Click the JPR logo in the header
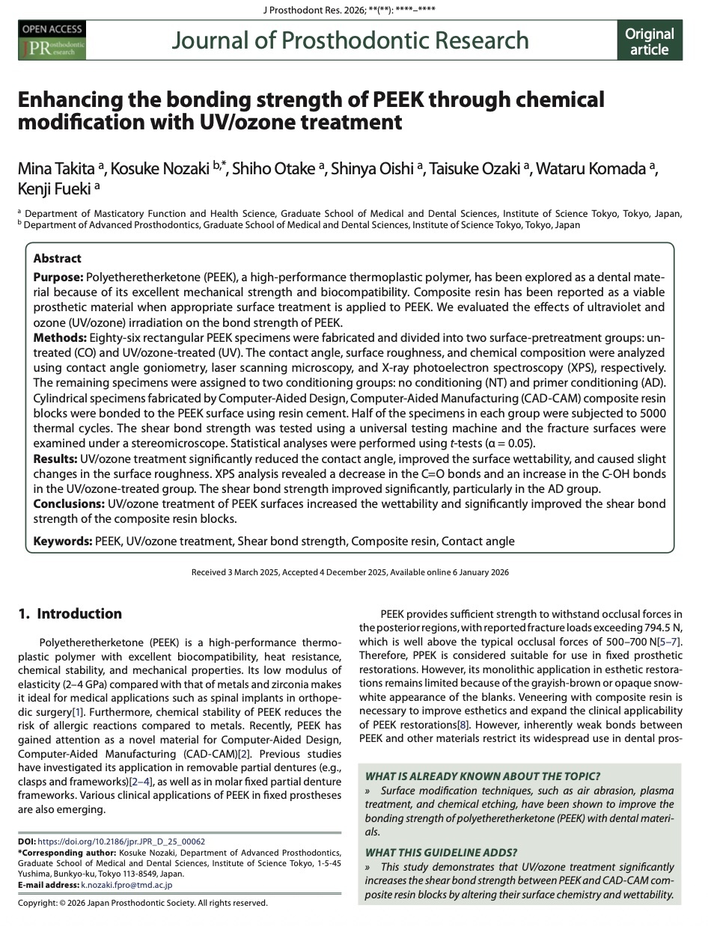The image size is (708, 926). (52, 48)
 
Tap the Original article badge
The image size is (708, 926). (649, 41)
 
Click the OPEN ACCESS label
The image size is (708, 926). (52, 29)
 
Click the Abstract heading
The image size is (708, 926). (58, 258)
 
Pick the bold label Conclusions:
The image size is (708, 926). (69, 504)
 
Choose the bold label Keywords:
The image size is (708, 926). (63, 541)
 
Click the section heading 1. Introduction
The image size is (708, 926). (70, 614)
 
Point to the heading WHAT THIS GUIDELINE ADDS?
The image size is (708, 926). (440, 852)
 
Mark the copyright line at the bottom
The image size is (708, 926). (142, 903)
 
